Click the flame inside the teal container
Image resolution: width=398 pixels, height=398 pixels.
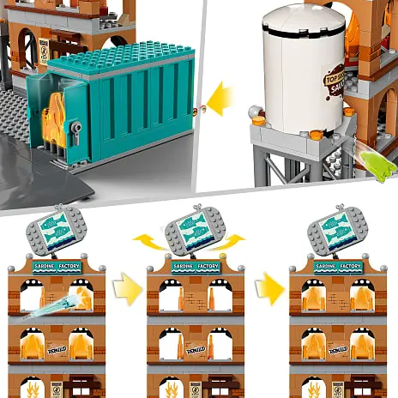click(54, 116)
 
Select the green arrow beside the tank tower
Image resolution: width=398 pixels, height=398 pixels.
click(375, 160)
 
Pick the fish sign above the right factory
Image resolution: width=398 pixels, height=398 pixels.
click(335, 230)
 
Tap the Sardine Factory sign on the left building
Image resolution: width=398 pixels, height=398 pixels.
click(56, 267)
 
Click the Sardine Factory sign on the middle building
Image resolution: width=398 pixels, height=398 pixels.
click(196, 267)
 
